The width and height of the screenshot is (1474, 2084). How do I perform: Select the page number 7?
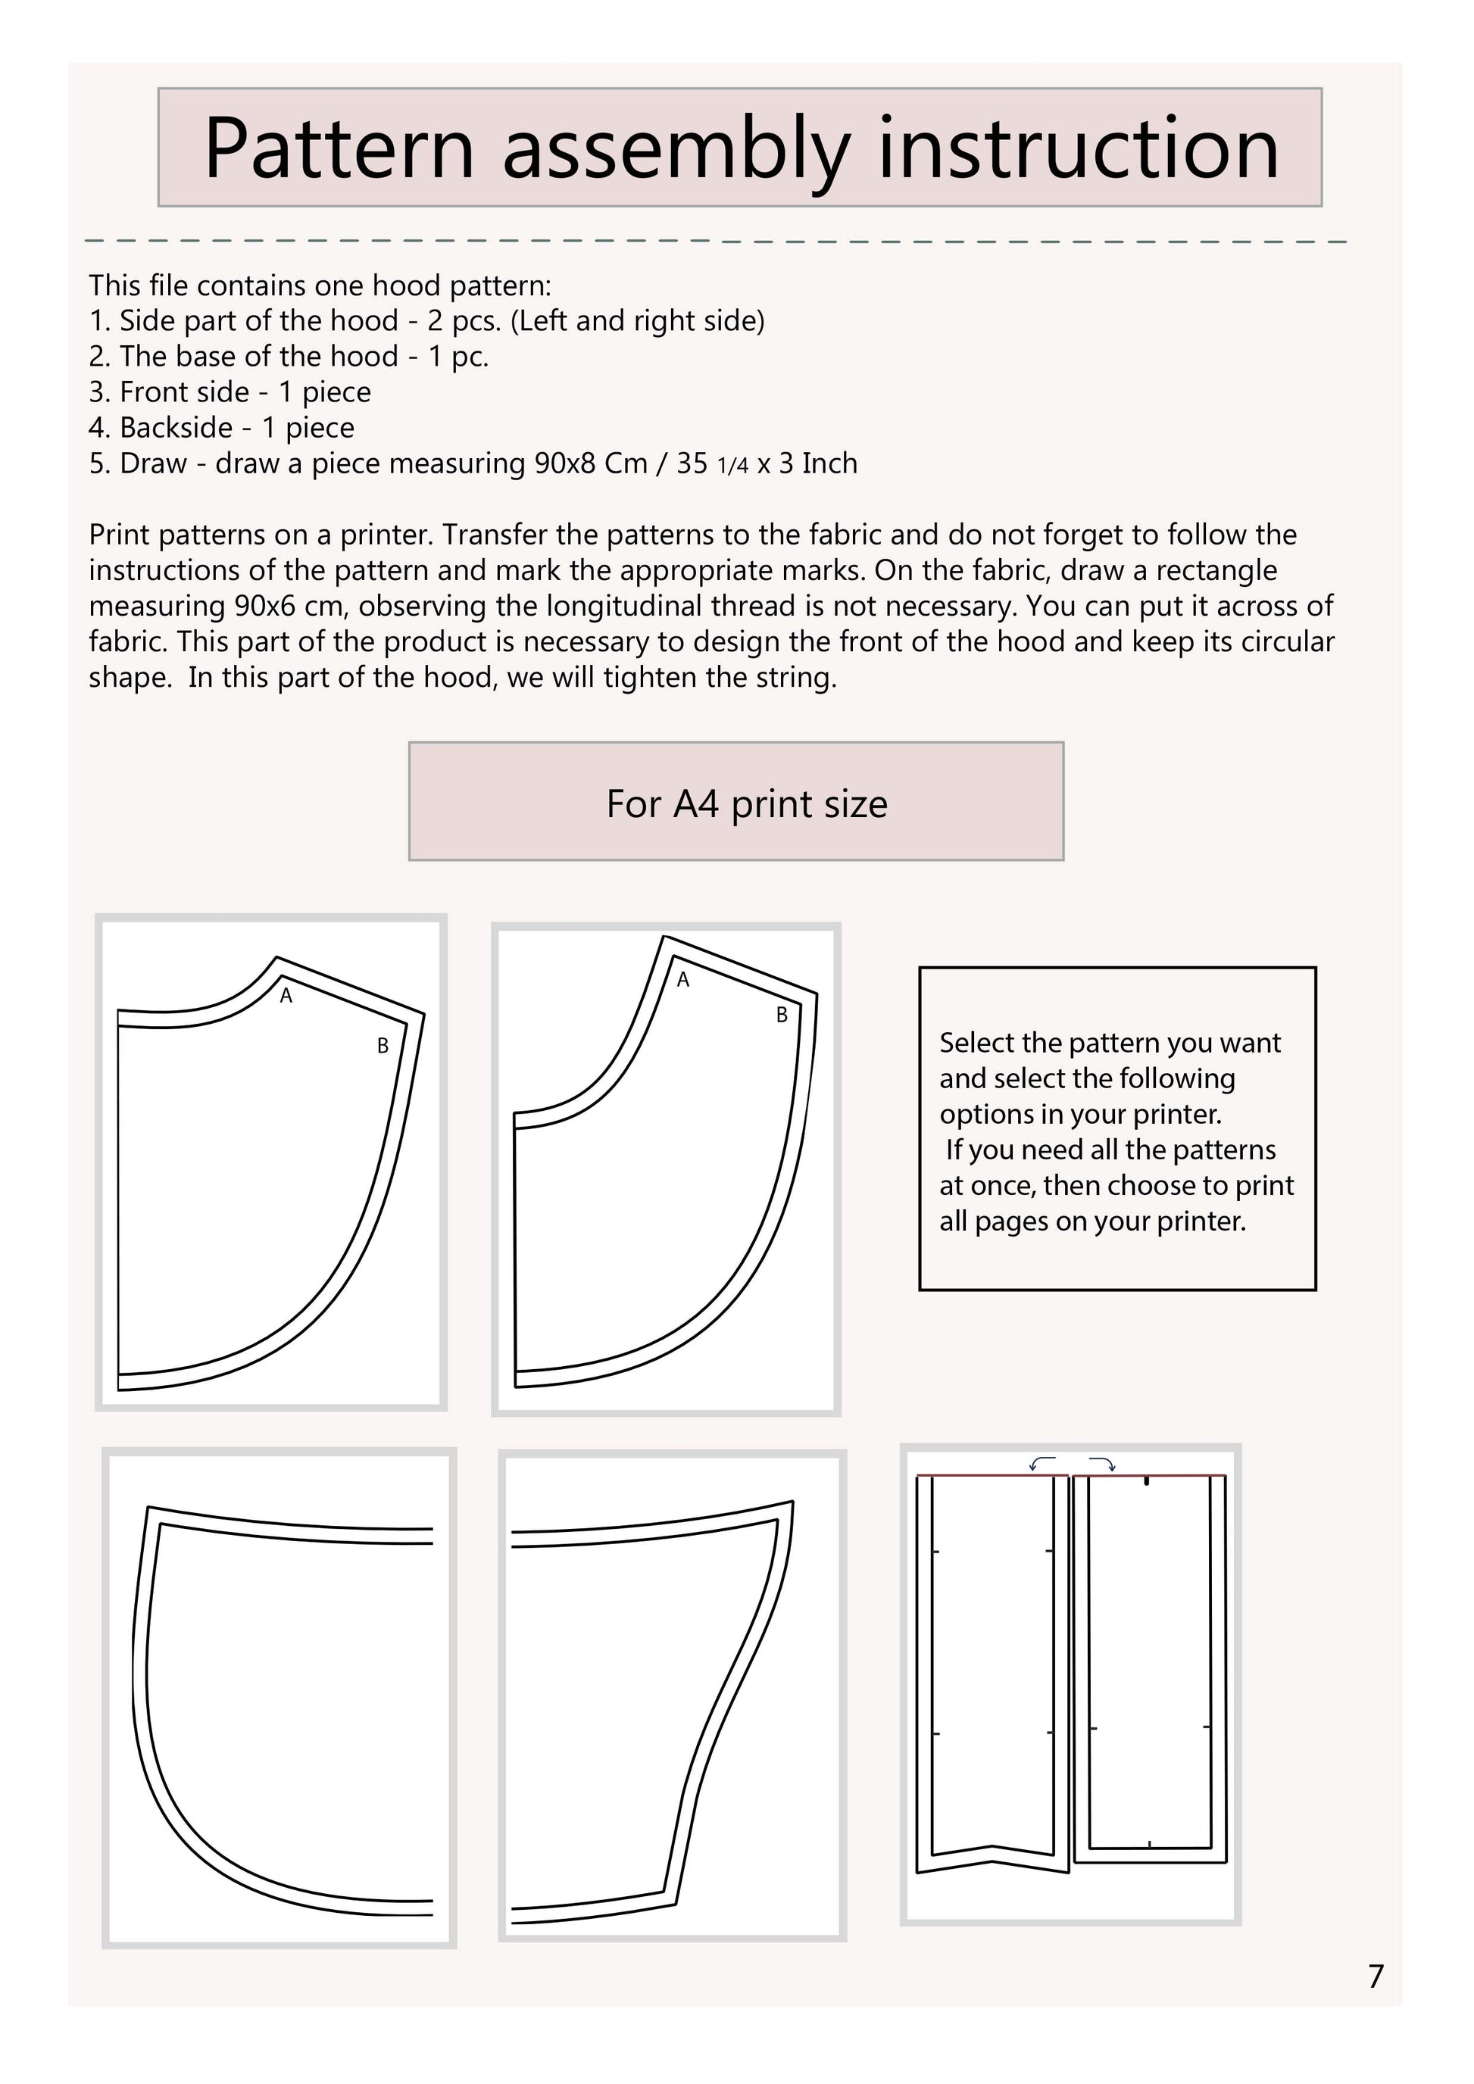coord(1376,1976)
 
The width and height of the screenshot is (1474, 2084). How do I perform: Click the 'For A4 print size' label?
coord(746,804)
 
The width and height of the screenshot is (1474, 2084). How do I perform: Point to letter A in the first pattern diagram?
coord(286,996)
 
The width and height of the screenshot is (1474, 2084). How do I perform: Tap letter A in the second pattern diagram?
coord(682,980)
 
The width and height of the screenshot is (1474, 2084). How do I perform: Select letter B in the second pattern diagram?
coord(782,1015)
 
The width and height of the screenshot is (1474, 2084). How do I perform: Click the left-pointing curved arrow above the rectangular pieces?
coord(1042,1461)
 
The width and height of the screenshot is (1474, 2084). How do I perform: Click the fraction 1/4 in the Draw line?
coord(732,466)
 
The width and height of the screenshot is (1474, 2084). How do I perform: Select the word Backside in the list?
coord(176,428)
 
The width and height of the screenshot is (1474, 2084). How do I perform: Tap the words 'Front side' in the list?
coord(184,392)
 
